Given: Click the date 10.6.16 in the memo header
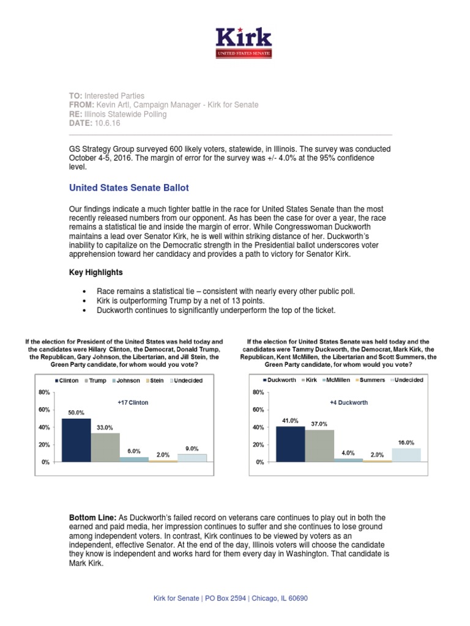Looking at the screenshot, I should (108, 123).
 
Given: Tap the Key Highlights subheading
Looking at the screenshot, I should (95, 272).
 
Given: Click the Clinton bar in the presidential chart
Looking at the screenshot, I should (76, 440).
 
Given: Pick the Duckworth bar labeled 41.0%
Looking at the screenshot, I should (290, 444).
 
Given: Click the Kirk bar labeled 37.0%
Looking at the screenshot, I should (319, 446).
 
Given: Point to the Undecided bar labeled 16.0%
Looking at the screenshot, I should (406, 455).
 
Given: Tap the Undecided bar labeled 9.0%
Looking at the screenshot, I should (192, 458).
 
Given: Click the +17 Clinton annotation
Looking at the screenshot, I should (133, 403).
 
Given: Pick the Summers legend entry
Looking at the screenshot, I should (370, 380).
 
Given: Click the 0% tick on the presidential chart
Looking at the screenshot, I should (45, 463).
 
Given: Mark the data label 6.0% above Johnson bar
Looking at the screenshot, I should (135, 451).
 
